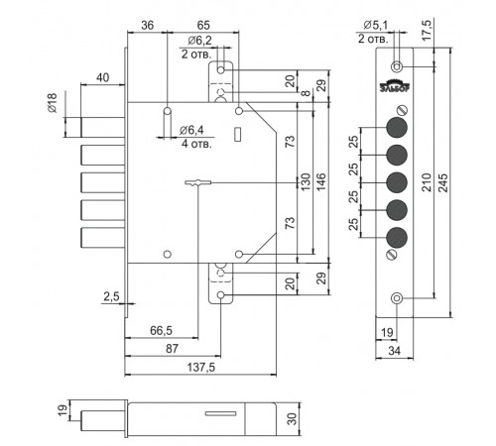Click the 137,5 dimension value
point(201,367)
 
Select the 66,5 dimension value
point(161,330)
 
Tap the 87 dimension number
point(172,348)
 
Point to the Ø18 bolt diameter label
point(53,103)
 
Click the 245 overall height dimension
point(442,182)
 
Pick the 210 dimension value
point(427,182)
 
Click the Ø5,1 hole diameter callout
point(375,25)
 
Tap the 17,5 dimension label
point(427,30)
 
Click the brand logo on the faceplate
point(395,85)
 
